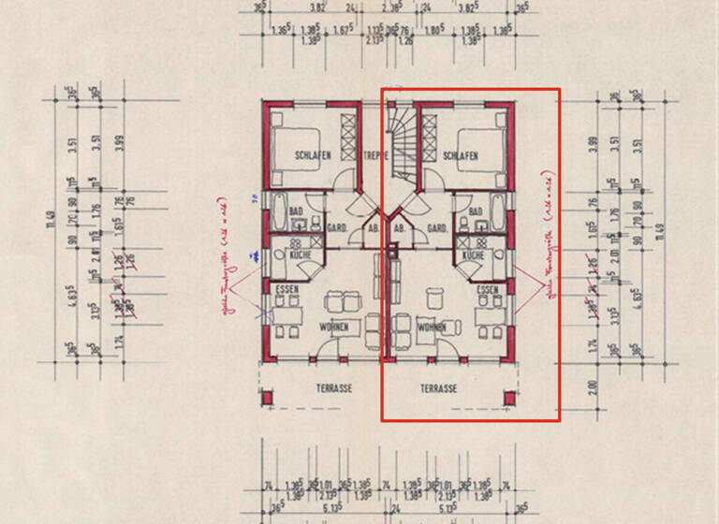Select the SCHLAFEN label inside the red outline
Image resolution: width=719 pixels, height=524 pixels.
462,156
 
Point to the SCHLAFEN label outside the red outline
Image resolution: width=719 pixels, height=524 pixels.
312,156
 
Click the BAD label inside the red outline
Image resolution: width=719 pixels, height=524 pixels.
475,212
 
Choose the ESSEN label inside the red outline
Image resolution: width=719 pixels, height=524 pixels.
486,290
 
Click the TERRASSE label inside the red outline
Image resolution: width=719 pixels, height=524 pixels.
438,388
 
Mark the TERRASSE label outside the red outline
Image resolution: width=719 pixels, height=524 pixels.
334,388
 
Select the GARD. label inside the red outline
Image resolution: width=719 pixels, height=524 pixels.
435,227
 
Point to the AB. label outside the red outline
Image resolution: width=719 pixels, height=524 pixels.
372,227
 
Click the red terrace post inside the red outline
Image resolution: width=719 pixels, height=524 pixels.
509,399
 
